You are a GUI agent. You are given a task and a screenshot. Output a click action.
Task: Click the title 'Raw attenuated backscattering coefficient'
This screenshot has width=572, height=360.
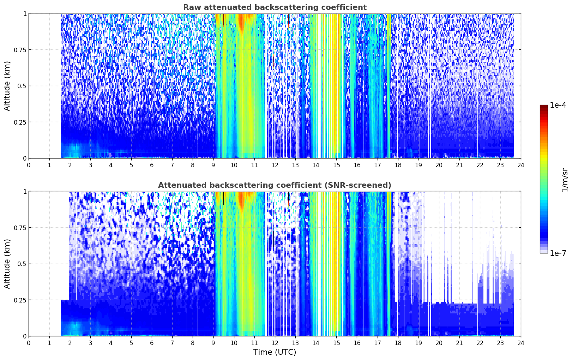[275, 7]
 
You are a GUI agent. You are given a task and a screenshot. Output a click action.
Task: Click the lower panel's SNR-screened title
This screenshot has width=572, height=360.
[275, 185]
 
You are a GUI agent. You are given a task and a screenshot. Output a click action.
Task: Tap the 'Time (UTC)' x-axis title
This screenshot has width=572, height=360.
[275, 352]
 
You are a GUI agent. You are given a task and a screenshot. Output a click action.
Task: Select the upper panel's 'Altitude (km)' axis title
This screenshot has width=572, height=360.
[7, 86]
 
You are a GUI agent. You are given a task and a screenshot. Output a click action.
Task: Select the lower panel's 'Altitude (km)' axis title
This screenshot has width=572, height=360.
[7, 264]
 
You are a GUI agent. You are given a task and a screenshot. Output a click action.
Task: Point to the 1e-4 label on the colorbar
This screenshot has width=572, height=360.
[558, 105]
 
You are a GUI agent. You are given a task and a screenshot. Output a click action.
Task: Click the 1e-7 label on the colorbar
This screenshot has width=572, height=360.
[558, 253]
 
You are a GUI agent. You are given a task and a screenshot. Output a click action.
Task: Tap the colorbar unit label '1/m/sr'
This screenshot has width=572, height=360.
[565, 180]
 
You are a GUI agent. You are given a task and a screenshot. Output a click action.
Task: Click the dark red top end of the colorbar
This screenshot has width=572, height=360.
[544, 106]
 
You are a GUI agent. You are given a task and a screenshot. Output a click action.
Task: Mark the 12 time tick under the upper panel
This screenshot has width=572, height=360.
[275, 165]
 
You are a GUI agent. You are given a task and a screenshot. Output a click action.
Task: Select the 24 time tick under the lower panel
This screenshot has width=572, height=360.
[521, 343]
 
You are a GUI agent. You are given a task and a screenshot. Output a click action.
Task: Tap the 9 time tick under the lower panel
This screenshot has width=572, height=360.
[213, 343]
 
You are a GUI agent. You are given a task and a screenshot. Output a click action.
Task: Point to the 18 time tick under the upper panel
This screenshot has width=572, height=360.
[398, 165]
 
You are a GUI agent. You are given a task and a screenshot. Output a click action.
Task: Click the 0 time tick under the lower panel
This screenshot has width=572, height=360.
[29, 343]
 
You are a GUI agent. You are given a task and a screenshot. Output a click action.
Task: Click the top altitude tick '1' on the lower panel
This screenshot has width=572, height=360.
[25, 192]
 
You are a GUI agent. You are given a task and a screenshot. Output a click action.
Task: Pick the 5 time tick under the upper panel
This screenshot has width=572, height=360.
[131, 165]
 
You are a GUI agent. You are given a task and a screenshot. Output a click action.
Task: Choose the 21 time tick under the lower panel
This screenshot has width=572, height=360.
[459, 343]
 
